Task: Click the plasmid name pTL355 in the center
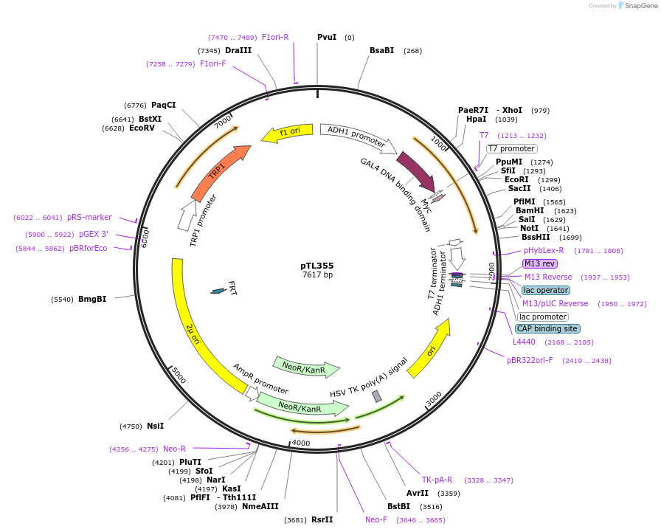point(317,266)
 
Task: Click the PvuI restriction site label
point(327,37)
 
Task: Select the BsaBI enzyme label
point(382,51)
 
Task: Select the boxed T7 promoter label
point(511,148)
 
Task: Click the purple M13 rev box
point(540,263)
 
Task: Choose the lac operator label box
point(545,290)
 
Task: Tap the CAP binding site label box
point(547,328)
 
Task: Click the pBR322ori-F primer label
point(530,361)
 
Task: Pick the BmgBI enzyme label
point(92,300)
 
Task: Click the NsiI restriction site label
point(155,426)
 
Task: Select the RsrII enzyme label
point(322,519)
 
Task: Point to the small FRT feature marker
point(218,291)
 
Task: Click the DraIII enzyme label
point(238,51)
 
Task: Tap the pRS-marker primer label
point(89,218)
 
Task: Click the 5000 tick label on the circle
point(178,376)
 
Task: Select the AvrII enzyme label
point(418,493)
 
